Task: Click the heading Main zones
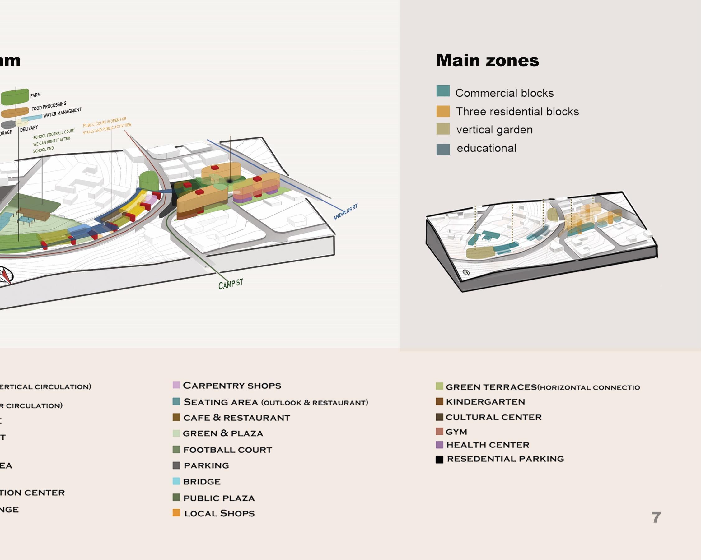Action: pyautogui.click(x=487, y=60)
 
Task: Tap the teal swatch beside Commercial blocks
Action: pyautogui.click(x=443, y=91)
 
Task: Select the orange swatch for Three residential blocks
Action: pyautogui.click(x=443, y=111)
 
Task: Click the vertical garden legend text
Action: pyautogui.click(x=494, y=130)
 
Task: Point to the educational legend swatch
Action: pyautogui.click(x=443, y=150)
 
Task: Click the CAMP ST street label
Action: pyautogui.click(x=231, y=284)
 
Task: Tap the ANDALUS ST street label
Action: pyautogui.click(x=345, y=212)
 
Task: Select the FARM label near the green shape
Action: pyautogui.click(x=35, y=95)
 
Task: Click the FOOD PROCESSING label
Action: pyautogui.click(x=49, y=106)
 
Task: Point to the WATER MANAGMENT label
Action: pyautogui.click(x=62, y=113)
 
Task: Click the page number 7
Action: pyautogui.click(x=656, y=517)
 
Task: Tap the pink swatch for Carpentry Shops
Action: pyautogui.click(x=176, y=385)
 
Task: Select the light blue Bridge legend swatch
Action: pyautogui.click(x=176, y=481)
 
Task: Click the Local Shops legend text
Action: pyautogui.click(x=219, y=514)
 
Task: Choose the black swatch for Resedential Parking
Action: pyautogui.click(x=439, y=459)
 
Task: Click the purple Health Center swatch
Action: pyautogui.click(x=439, y=445)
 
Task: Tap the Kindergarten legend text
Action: pyautogui.click(x=485, y=402)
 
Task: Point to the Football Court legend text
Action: pyautogui.click(x=227, y=450)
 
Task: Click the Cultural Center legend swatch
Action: pyautogui.click(x=439, y=417)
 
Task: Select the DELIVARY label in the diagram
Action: pyautogui.click(x=29, y=129)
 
